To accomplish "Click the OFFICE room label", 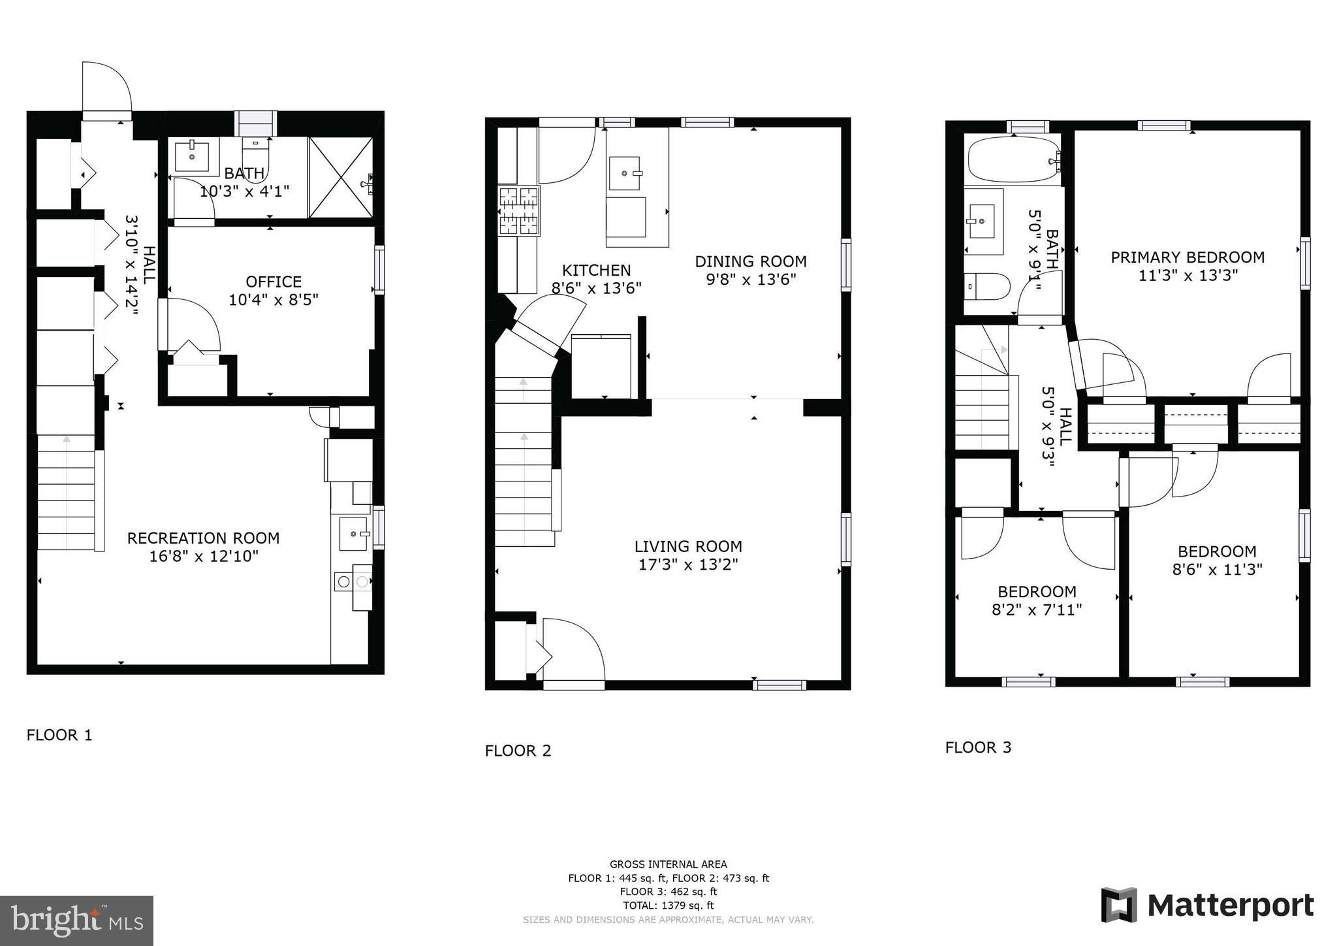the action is point(274,282).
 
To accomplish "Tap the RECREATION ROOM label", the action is point(203,538).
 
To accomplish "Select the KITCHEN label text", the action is point(597,270).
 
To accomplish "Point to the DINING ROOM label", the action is point(751,261).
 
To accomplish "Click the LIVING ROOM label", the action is point(688,546).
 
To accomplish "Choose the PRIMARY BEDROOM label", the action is point(1188,257).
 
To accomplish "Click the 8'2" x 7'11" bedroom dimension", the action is point(1037,610).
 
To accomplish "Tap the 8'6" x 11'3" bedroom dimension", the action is point(1217,570).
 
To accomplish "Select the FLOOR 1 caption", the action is point(59,735).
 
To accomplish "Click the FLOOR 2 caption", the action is point(518,751).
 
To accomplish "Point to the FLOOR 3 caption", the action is point(979,747).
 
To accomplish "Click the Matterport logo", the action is point(1208,905).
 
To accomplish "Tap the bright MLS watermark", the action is point(77,921).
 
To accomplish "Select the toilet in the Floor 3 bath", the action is point(987,286).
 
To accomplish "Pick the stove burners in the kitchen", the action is point(520,211).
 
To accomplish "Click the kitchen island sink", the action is point(628,174).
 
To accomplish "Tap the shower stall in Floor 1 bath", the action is point(341,177).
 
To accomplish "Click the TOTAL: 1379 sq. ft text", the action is point(668,905).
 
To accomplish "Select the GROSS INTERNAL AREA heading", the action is point(668,864).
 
